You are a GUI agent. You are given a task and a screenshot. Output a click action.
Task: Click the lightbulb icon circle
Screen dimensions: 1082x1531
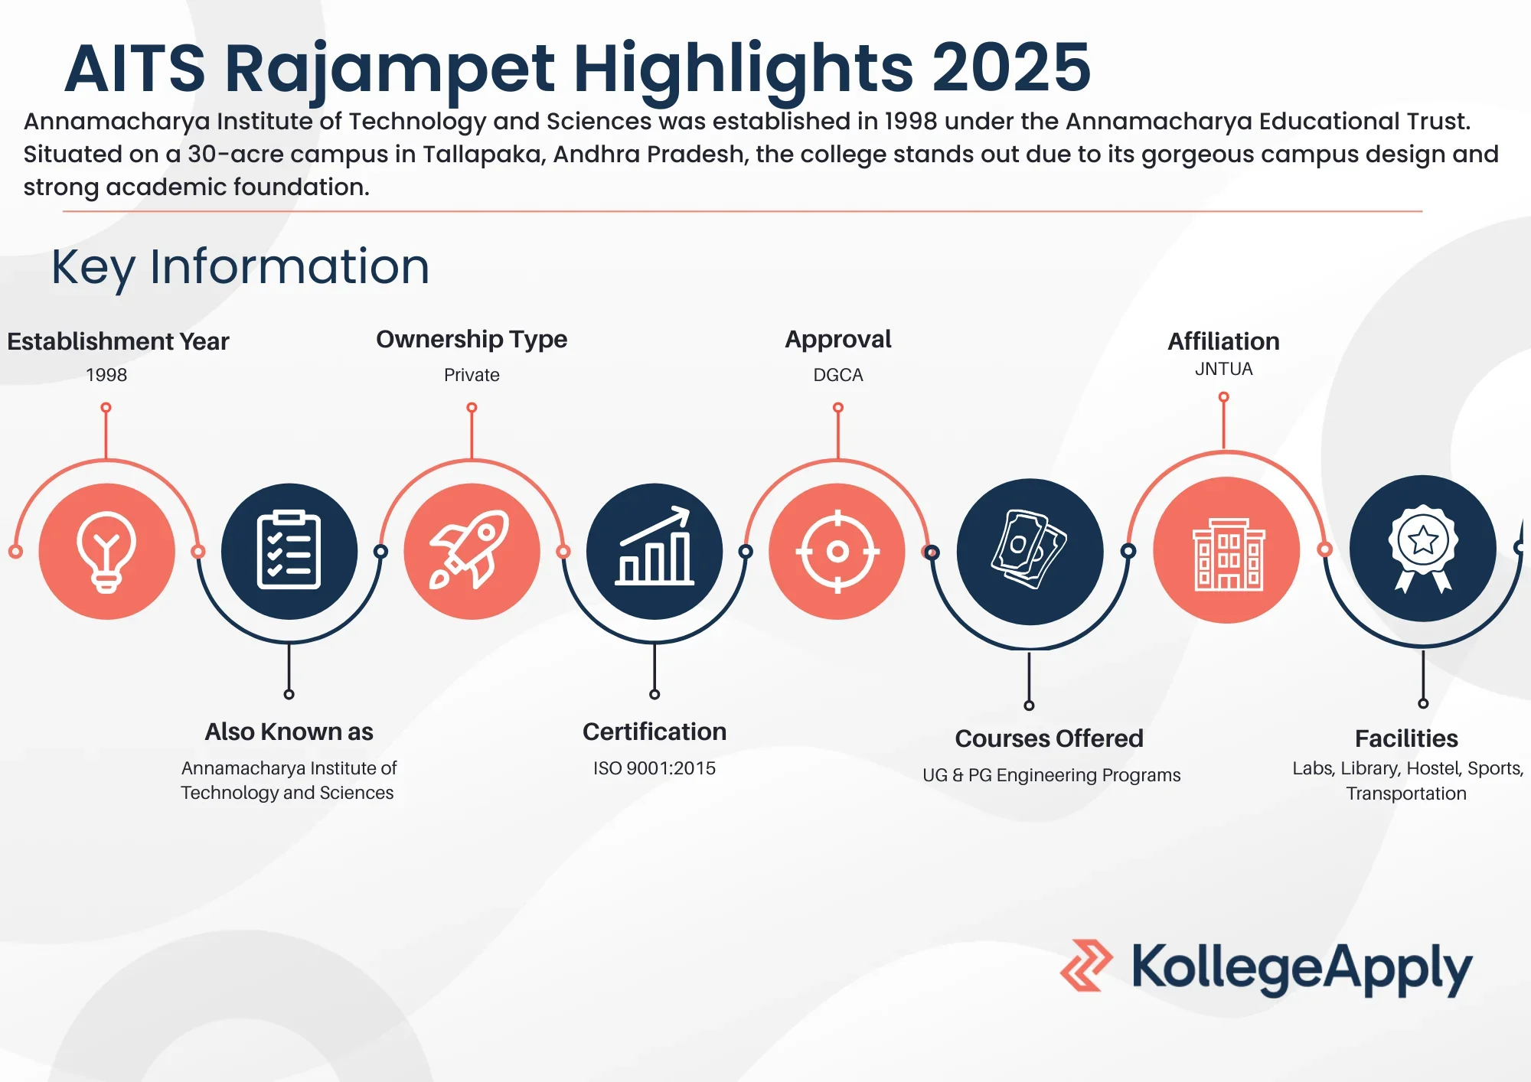tap(106, 551)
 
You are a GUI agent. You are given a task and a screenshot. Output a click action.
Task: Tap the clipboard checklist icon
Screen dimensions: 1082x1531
tap(289, 551)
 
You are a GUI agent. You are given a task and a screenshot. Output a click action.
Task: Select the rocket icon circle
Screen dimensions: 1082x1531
tap(472, 551)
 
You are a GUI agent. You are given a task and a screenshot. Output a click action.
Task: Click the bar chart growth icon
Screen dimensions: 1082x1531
tap(655, 551)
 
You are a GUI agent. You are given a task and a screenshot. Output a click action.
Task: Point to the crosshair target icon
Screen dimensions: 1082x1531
tap(837, 551)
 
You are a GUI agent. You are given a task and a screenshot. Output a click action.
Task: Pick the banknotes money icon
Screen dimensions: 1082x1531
tap(1030, 551)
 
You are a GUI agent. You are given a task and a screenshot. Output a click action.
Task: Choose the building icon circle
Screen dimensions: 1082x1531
tap(1226, 550)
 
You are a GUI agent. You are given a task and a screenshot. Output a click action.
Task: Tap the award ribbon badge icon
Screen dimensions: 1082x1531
tap(1422, 549)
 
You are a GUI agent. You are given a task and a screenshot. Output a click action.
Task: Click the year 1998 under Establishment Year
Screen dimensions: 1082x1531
tap(106, 375)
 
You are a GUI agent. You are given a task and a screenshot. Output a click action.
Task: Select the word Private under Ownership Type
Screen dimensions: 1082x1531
tap(472, 375)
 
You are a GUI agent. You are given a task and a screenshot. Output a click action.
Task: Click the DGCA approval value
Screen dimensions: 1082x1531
tap(838, 375)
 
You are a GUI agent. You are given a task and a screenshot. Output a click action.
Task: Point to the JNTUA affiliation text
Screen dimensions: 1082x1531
tap(1223, 369)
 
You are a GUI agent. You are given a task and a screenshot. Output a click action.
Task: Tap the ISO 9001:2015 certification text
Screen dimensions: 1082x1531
tap(655, 768)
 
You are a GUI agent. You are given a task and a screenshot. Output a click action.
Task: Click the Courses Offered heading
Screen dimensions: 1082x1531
tap(1049, 738)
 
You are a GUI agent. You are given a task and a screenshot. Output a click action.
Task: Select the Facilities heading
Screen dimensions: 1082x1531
tap(1406, 738)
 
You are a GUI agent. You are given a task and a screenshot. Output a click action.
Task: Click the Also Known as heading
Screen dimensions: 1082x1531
tap(289, 732)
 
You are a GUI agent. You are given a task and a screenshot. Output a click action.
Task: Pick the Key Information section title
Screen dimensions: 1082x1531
tap(240, 267)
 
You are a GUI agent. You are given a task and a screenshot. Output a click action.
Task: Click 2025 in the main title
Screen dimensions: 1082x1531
tap(1010, 69)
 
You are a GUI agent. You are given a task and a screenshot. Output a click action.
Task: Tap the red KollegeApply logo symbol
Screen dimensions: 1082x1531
tap(1086, 966)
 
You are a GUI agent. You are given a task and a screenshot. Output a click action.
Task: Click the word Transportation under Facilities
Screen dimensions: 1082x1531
tap(1406, 794)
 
